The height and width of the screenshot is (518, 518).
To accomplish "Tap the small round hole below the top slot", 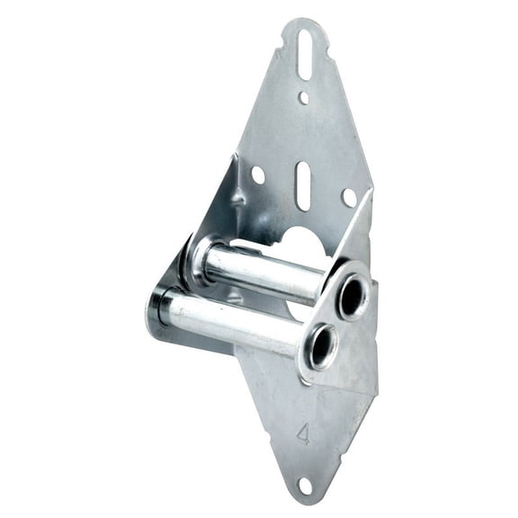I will pos(303,97).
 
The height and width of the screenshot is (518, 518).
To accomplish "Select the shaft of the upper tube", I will pos(261,272).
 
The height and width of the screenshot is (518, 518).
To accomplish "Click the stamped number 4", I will pos(303,434).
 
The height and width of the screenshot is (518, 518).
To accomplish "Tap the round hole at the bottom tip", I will pos(304,486).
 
